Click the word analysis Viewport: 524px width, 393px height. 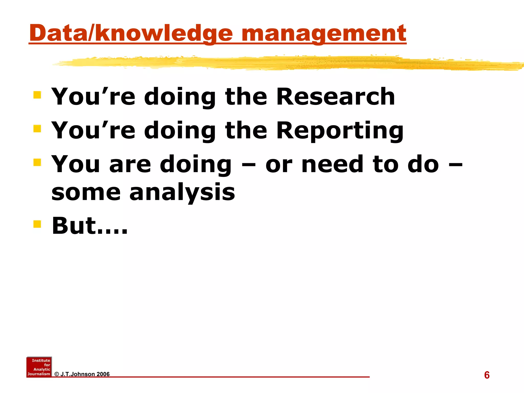[x=182, y=192]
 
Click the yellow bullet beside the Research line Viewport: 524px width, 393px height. [x=37, y=95]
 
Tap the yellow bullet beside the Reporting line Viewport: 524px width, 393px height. [x=37, y=129]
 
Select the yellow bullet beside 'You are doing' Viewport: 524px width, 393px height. [x=37, y=162]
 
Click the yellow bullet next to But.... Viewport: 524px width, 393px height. [x=37, y=224]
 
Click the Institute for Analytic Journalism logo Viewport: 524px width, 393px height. [x=39, y=367]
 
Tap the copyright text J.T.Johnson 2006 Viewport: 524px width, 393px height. [x=82, y=374]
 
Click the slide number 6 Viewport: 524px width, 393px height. [x=487, y=375]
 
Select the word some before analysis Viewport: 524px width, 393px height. [x=86, y=192]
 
